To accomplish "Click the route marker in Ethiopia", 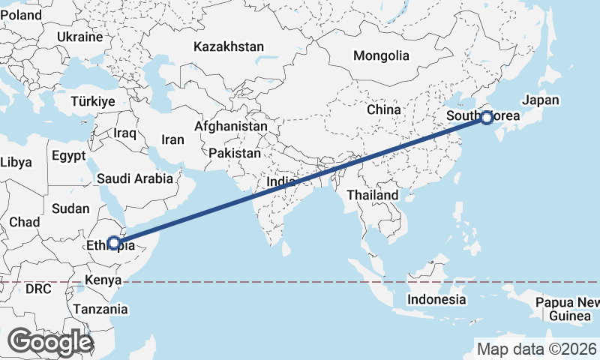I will [113, 242].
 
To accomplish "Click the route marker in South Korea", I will [487, 117].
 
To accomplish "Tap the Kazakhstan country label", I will [228, 46].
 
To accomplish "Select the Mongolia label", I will [381, 55].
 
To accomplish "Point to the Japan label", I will [541, 100].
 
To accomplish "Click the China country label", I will [384, 109].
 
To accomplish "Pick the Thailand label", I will [372, 195].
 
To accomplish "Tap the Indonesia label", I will [436, 299].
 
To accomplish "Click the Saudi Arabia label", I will [135, 178].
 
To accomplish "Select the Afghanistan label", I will [230, 127].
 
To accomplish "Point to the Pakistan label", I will [235, 153].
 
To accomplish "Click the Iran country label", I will [172, 139].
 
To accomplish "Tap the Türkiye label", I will [92, 101].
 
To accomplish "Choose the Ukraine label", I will [79, 37].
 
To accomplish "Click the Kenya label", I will [103, 280].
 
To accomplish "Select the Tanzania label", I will [100, 308].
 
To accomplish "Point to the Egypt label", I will [70, 155].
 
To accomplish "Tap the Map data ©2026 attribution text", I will [536, 349].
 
